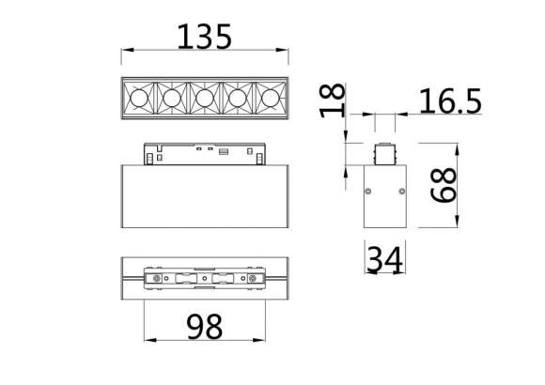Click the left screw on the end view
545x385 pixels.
[x=368, y=192]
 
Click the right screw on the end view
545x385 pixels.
[x=401, y=192]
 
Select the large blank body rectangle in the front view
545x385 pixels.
[x=205, y=196]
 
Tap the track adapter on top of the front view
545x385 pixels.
[x=205, y=152]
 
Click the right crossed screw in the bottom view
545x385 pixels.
[x=252, y=279]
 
